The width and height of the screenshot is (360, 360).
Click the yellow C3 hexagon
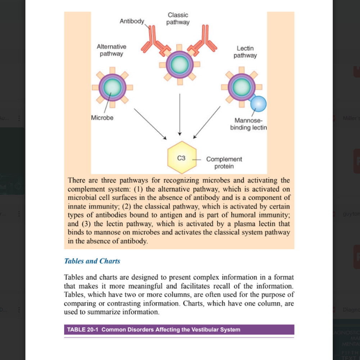182,158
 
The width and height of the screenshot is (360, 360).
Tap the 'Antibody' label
132,21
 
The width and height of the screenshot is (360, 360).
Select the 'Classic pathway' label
178,19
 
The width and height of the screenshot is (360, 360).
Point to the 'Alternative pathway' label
111,50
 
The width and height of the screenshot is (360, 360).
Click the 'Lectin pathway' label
245,52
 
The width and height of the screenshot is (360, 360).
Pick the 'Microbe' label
102,118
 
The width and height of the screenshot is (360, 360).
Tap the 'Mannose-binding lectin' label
248,124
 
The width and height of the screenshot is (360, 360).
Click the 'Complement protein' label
224,163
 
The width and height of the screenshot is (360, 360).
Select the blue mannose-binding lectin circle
258,104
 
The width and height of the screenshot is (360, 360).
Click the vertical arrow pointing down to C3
180,113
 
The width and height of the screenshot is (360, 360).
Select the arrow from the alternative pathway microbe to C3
150,123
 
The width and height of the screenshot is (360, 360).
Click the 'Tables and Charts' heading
92,261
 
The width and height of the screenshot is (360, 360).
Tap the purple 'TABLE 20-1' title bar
179,329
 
